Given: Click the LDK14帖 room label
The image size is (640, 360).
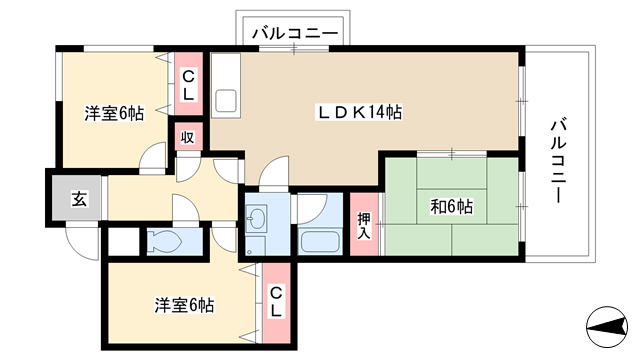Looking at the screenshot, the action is (x=360, y=112).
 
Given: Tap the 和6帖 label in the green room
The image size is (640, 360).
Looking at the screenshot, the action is (x=452, y=207).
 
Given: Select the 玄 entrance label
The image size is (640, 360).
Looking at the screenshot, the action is (x=79, y=199).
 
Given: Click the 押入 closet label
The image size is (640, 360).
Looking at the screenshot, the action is (x=364, y=226).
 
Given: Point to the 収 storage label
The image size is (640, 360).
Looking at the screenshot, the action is (x=187, y=138).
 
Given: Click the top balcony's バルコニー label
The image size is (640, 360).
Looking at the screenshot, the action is (x=295, y=33).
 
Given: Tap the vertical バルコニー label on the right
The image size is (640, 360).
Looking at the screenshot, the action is (x=558, y=160).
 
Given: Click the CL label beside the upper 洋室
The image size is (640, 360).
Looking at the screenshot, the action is (x=188, y=86).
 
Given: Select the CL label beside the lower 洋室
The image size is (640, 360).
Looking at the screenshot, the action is (x=276, y=303).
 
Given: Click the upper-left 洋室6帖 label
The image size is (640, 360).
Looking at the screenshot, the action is (x=114, y=113).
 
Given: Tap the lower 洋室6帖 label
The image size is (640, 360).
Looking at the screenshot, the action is (x=184, y=305).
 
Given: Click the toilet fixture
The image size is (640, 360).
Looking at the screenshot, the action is (x=164, y=242).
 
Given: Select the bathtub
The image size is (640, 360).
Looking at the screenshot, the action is (x=320, y=242).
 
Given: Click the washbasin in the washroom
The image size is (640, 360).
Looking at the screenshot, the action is (x=256, y=217).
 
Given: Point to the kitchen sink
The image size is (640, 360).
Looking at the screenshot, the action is (x=225, y=100).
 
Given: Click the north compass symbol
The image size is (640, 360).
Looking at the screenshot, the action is (x=607, y=327).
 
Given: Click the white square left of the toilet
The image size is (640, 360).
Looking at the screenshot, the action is (x=124, y=242).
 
